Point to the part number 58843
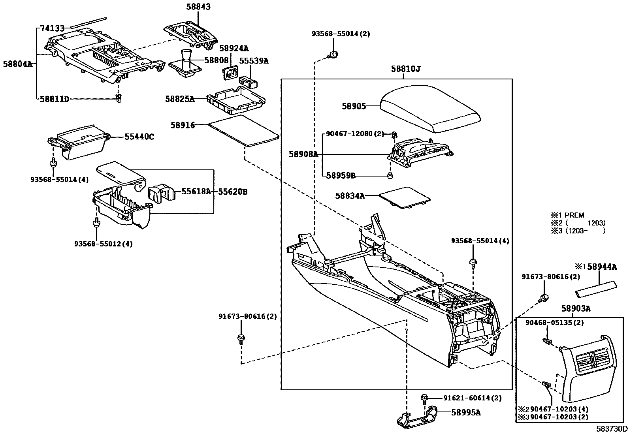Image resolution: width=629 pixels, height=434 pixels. [x=198, y=7]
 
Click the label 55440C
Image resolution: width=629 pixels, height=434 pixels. [x=139, y=137]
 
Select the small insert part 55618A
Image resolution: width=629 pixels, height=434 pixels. [x=161, y=193]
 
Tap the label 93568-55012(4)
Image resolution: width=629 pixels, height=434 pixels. [x=104, y=244]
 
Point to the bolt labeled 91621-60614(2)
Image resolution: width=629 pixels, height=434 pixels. [x=425, y=397]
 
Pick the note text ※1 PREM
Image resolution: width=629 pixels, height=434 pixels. [x=567, y=215]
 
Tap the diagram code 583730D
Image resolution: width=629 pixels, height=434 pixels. [x=612, y=428]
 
